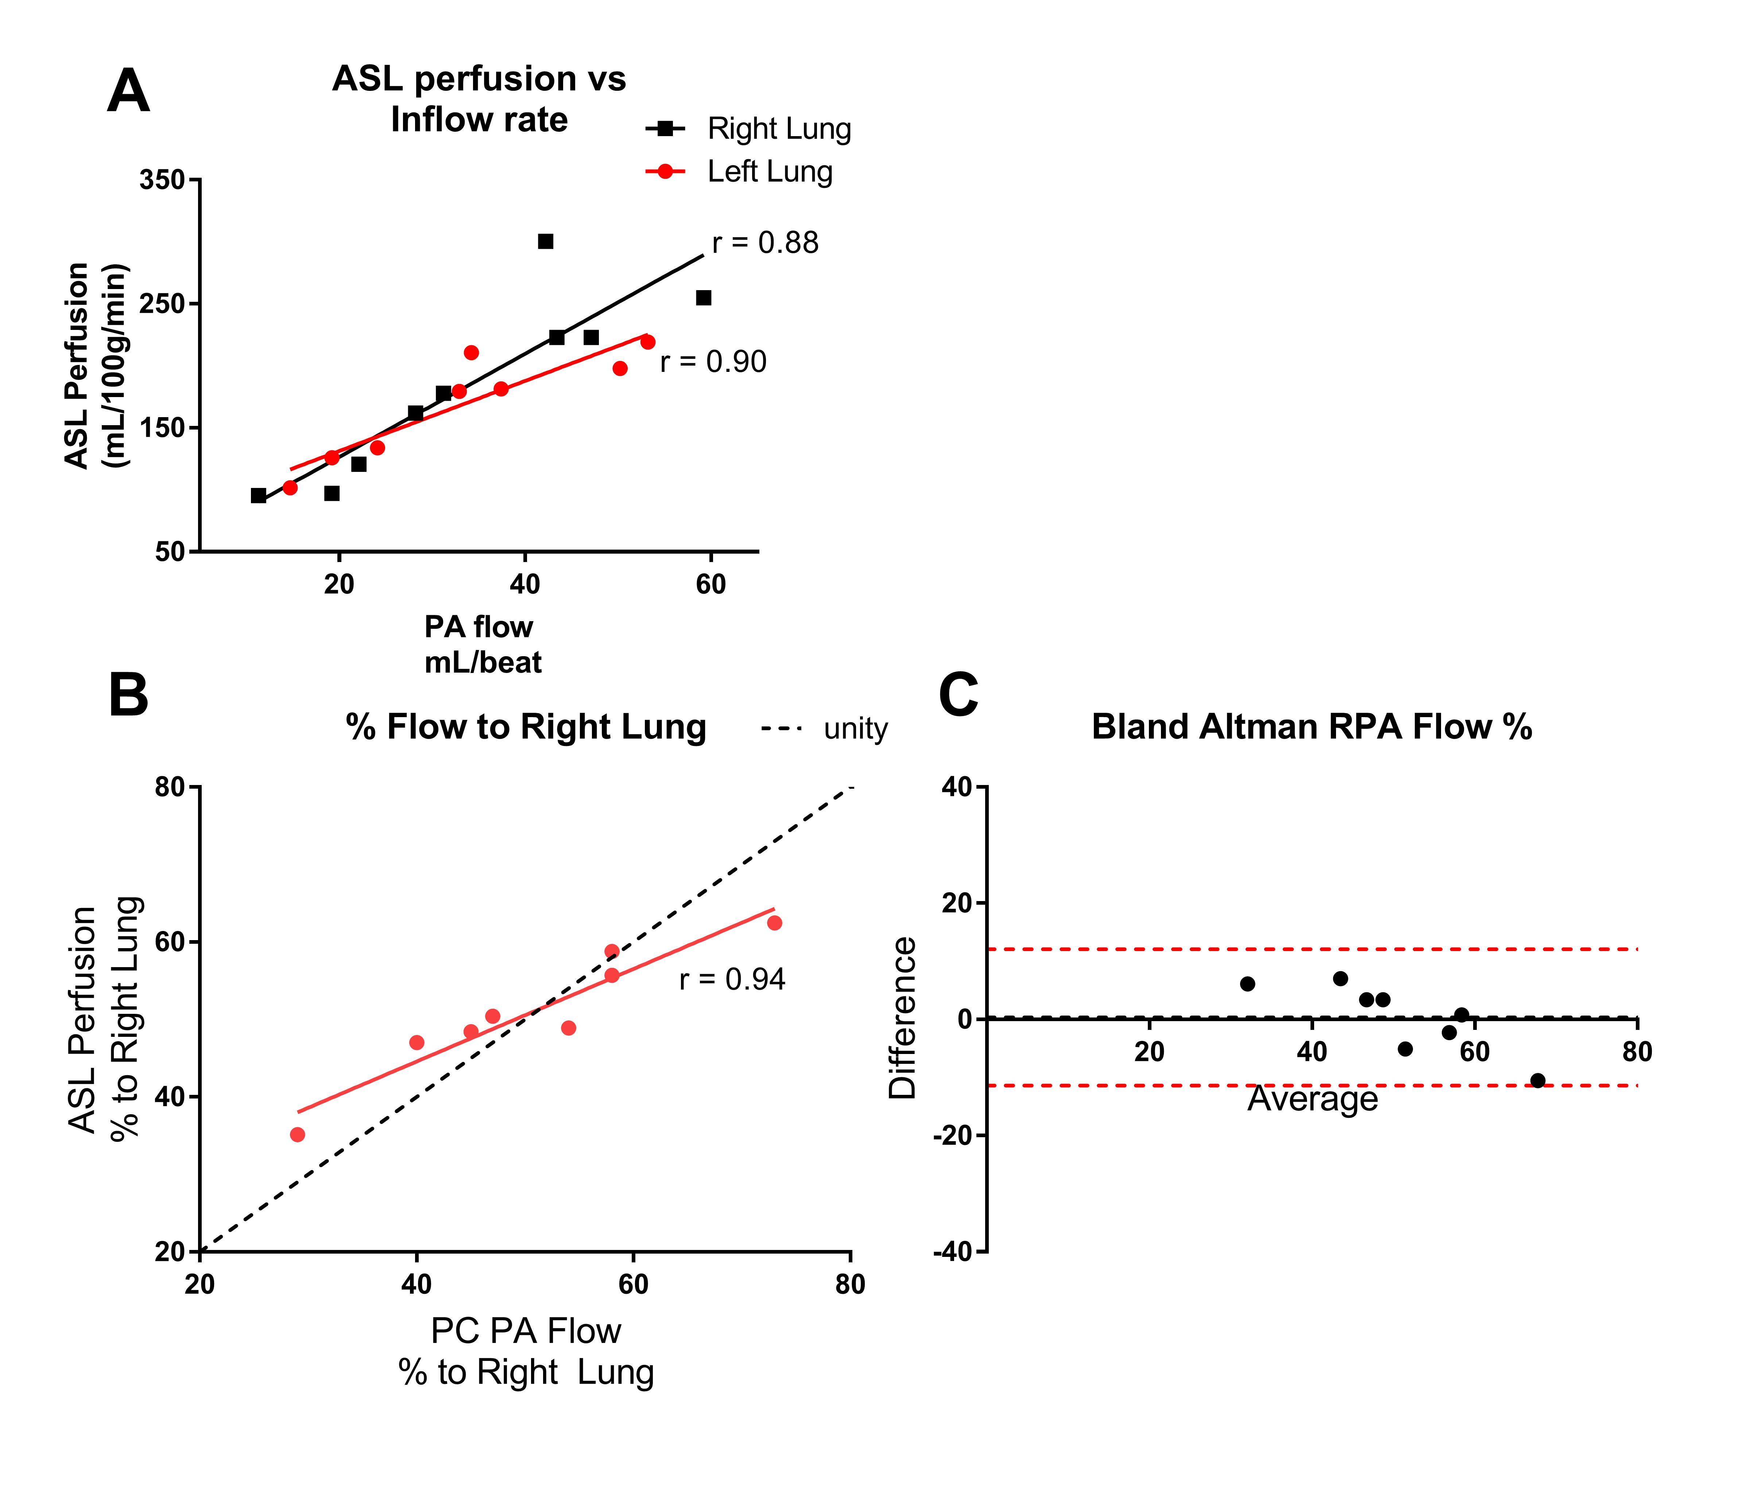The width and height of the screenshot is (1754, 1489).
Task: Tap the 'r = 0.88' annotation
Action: (764, 243)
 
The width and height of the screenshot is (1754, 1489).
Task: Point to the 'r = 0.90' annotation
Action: (713, 362)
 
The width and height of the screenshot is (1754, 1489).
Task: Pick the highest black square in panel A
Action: (545, 241)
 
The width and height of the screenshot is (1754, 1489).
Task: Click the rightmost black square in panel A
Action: (703, 298)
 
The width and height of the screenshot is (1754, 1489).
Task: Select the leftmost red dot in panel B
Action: (297, 1135)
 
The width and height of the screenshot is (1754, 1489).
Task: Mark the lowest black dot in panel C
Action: (1537, 1081)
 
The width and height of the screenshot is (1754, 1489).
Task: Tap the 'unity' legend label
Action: (856, 728)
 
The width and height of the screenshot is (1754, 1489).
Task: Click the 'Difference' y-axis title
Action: (902, 1018)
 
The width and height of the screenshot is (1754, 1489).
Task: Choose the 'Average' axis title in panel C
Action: (1312, 1099)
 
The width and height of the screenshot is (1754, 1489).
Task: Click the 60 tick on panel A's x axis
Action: (710, 584)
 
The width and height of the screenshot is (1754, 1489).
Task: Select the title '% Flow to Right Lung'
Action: (526, 727)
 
